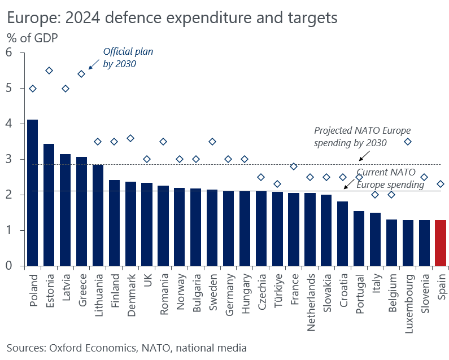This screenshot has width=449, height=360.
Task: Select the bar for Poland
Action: pyautogui.click(x=33, y=192)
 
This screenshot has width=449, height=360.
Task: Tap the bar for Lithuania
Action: pyautogui.click(x=98, y=215)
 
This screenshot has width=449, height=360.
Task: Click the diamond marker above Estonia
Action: pyautogui.click(x=49, y=71)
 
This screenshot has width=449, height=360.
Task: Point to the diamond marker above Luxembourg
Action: pyautogui.click(x=408, y=142)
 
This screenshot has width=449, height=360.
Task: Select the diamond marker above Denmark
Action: pyautogui.click(x=130, y=138)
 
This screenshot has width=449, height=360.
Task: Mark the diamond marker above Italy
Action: pyautogui.click(x=375, y=195)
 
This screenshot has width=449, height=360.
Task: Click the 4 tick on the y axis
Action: pyautogui.click(x=8, y=124)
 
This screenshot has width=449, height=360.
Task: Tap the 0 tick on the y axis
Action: pyautogui.click(x=8, y=266)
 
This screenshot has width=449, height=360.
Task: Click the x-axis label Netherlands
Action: pyautogui.click(x=310, y=298)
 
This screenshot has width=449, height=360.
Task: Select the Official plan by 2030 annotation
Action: pyautogui.click(x=128, y=58)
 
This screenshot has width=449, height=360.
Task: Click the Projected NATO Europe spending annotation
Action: pyautogui.click(x=350, y=137)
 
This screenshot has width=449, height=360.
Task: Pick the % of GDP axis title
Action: pyautogui.click(x=33, y=38)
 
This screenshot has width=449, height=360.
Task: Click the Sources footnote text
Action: pyautogui.click(x=127, y=347)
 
